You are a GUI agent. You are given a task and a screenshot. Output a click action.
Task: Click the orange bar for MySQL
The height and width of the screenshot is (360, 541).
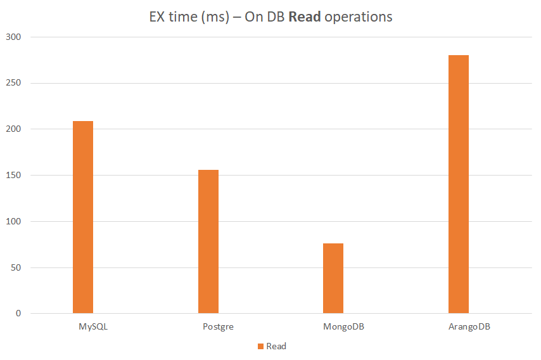(x=83, y=217)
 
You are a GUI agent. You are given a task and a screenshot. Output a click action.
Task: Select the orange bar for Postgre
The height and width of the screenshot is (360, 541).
(x=208, y=241)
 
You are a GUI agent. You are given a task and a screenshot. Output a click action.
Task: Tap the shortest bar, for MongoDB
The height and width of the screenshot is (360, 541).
(x=333, y=278)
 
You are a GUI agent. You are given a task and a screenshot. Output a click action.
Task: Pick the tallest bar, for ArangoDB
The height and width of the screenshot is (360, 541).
(x=459, y=184)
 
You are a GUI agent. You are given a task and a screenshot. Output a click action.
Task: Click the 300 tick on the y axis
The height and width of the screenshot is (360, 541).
(x=15, y=37)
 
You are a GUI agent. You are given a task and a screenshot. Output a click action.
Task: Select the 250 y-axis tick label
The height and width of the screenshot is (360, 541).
(x=15, y=83)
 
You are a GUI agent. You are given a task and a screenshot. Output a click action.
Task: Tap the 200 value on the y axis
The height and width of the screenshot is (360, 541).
(x=15, y=129)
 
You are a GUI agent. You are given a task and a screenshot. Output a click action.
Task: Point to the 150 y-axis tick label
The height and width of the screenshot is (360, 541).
(x=15, y=176)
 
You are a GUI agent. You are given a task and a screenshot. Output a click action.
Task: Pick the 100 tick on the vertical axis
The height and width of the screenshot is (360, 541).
(x=15, y=222)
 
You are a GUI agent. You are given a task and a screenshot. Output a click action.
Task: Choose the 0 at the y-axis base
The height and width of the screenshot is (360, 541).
(x=19, y=314)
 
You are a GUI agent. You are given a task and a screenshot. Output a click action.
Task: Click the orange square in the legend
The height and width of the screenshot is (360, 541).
(x=260, y=347)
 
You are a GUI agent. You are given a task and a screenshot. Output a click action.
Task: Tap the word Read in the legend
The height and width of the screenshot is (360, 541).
(x=276, y=347)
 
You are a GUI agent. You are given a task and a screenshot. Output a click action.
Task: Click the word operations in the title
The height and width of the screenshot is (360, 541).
(x=358, y=17)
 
